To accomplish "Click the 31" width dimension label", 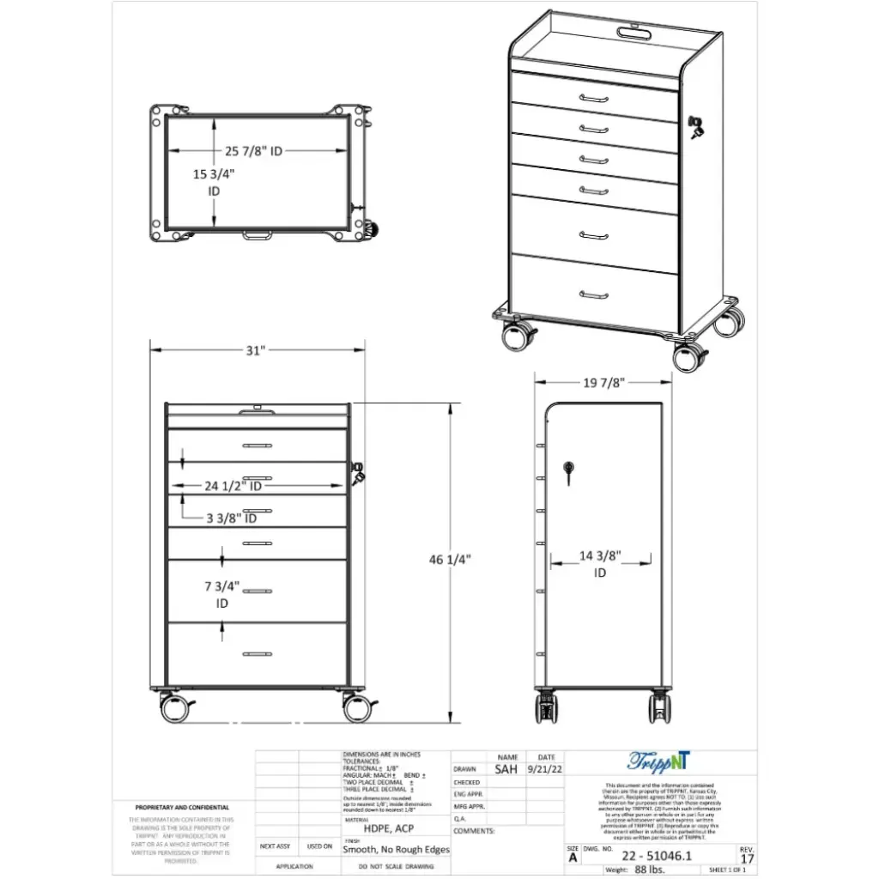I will [x=256, y=350].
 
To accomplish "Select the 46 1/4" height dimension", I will [x=450, y=560].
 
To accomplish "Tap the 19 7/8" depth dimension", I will [x=602, y=382].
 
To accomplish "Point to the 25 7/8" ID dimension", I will [x=254, y=151].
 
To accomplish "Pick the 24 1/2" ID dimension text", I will [x=233, y=486].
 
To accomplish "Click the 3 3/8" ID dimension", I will [x=232, y=518].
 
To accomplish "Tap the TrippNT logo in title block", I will [x=658, y=761].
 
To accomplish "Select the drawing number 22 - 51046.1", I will [x=657, y=857].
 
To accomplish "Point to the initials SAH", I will [x=507, y=770].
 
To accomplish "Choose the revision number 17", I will [x=747, y=858].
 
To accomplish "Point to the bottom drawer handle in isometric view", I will [x=593, y=295].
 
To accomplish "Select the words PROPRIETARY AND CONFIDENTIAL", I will [x=182, y=808].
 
